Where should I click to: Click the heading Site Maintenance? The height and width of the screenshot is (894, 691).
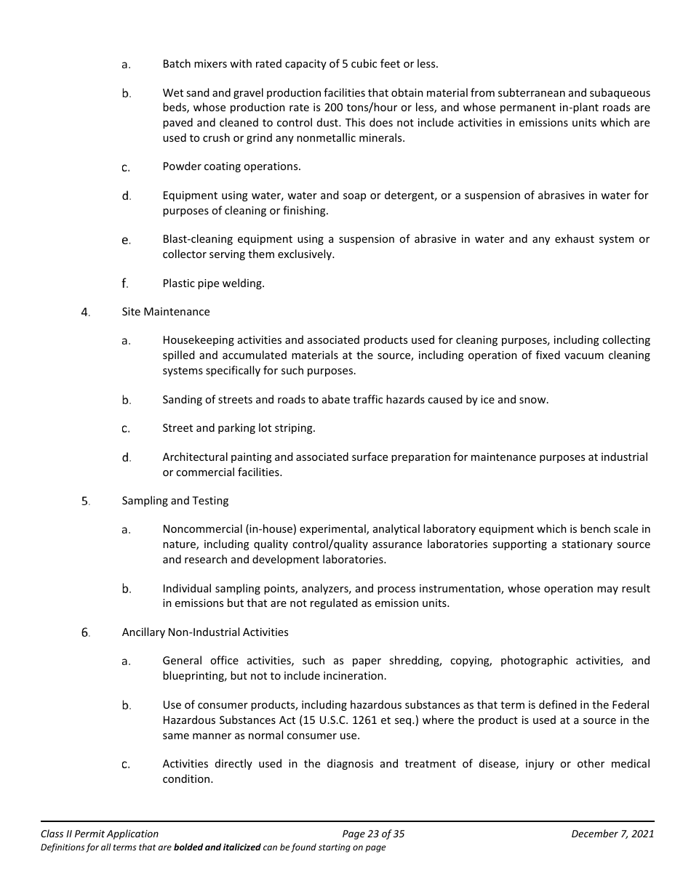(165, 312)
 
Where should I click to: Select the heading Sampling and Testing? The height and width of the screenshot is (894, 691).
(175, 501)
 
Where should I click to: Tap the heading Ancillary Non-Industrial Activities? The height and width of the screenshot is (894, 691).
(204, 632)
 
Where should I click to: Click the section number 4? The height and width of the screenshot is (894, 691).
(85, 313)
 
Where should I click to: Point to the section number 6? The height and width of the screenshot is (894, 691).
(85, 633)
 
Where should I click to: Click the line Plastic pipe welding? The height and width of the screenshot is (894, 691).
(213, 283)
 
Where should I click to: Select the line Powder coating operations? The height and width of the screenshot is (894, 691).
(231, 166)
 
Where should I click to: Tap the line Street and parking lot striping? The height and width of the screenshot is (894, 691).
(239, 428)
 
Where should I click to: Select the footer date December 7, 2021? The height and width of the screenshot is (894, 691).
(612, 834)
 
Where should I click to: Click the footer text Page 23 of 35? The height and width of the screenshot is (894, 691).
(373, 834)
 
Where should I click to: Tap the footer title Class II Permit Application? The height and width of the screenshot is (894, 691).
(100, 834)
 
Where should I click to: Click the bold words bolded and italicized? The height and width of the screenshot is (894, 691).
(217, 847)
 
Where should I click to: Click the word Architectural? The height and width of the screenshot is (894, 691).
(192, 457)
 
